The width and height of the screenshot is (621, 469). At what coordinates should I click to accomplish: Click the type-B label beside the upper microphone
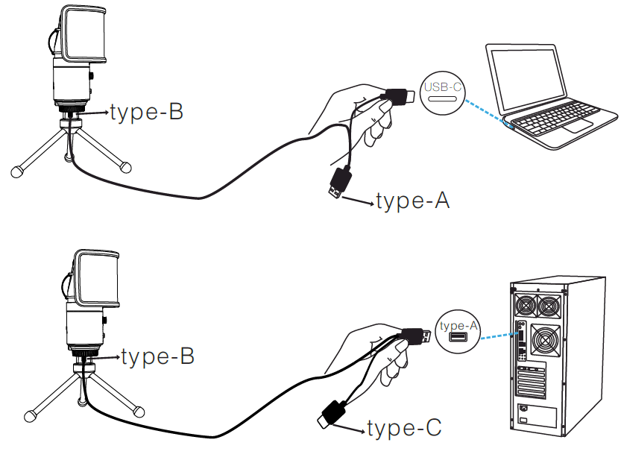click(146, 113)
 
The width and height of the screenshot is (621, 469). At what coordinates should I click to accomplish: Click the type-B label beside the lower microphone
click(157, 357)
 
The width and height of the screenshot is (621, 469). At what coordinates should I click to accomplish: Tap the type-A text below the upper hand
click(413, 201)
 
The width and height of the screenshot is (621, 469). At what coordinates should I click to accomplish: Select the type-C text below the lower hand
click(404, 428)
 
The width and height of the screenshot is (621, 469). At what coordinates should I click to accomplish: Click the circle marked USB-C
click(442, 92)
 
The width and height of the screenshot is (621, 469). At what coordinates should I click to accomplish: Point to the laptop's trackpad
click(577, 126)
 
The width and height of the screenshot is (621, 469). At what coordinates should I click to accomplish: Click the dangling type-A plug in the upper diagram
click(339, 183)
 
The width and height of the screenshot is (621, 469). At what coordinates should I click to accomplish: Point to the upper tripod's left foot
click(16, 173)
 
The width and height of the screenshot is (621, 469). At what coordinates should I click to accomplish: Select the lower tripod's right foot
click(139, 410)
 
